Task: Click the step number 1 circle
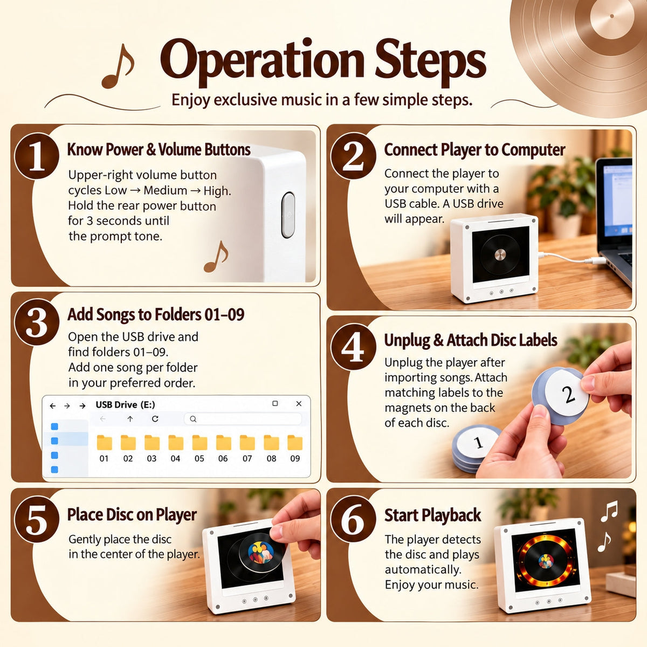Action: click(x=37, y=156)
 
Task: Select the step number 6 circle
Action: click(x=353, y=519)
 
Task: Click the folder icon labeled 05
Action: click(x=199, y=442)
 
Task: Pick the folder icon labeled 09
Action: click(x=295, y=442)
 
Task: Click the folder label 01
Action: click(x=104, y=458)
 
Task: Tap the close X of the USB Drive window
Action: click(x=299, y=404)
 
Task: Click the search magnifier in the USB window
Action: click(x=193, y=419)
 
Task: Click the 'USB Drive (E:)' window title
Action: click(x=125, y=404)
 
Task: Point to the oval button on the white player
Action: click(x=288, y=215)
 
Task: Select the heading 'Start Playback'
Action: click(x=432, y=515)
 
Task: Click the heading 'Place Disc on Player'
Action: click(x=132, y=515)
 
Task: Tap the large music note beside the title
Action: click(x=118, y=66)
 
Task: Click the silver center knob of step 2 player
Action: click(x=500, y=254)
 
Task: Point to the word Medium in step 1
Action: click(x=165, y=190)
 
